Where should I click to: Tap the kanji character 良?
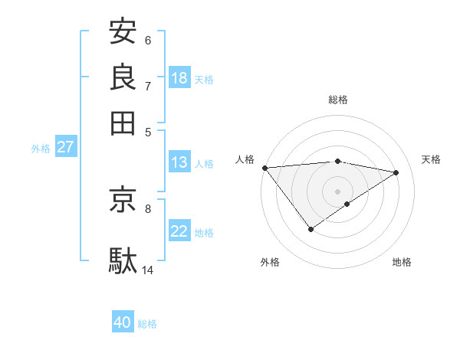123,77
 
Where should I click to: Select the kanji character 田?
123,122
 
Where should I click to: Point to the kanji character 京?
123,199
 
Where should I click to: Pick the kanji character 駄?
123,260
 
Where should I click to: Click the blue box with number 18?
179,78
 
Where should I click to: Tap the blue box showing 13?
179,162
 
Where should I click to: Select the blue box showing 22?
179,231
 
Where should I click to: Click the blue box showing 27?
65,147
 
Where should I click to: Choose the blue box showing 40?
123,322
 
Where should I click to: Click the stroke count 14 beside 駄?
148,270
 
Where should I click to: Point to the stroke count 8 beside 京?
147,207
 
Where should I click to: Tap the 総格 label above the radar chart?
338,100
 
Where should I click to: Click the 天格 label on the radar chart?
431,159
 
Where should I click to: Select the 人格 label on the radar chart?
245,159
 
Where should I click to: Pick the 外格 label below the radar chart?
270,262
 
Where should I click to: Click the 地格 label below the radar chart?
402,262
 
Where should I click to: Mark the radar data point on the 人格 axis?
264,168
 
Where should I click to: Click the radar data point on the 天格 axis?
396,172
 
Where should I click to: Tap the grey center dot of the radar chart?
337,191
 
